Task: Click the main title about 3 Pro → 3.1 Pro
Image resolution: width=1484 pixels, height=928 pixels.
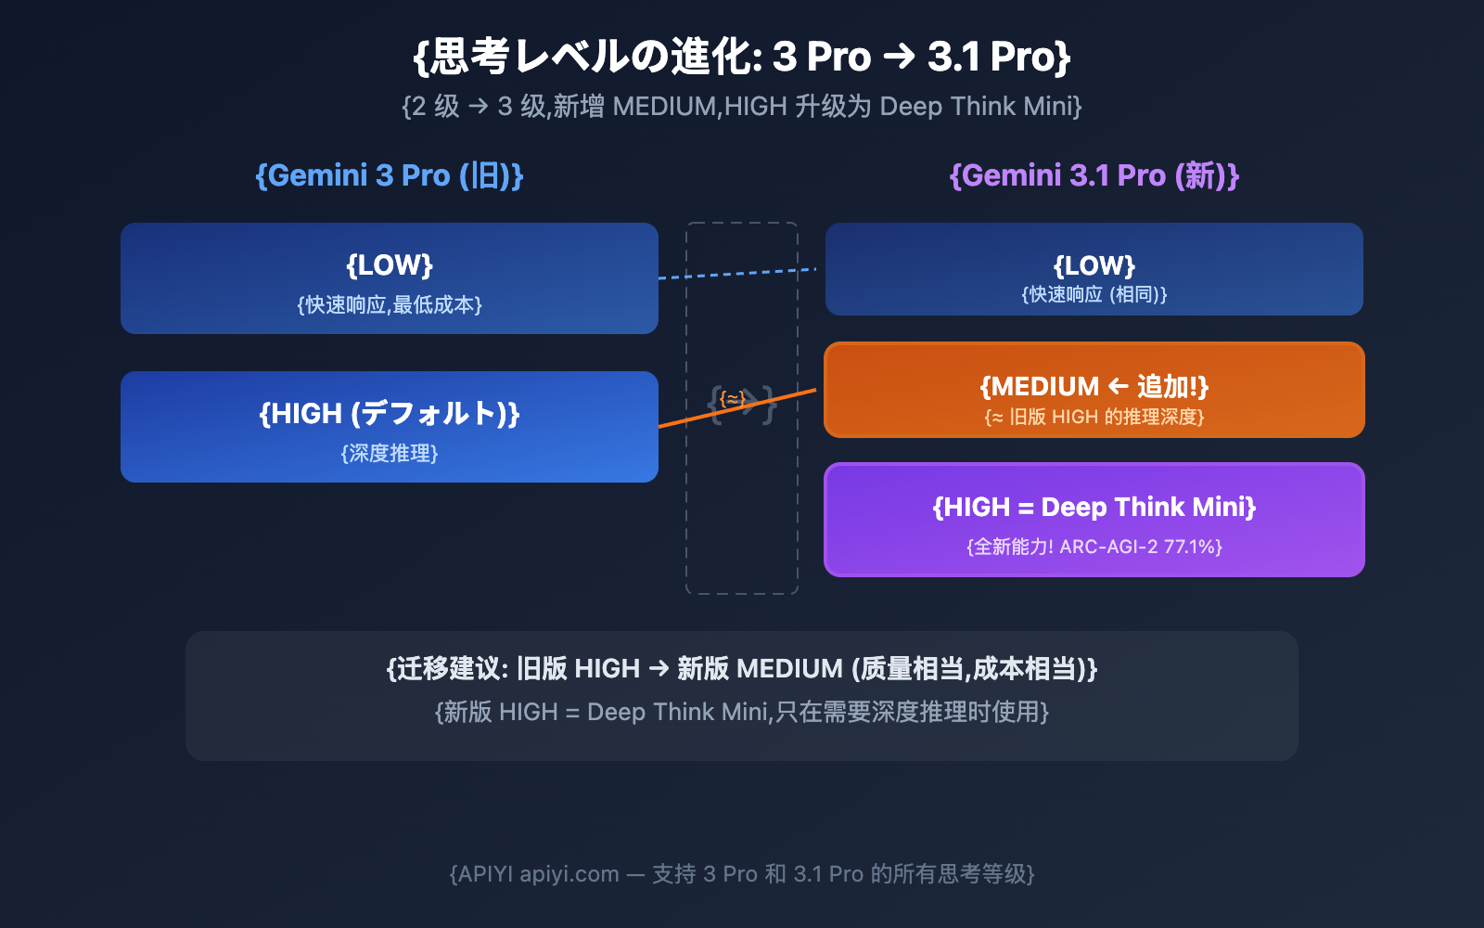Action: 742,57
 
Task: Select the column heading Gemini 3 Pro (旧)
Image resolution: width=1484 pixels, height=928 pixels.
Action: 390,175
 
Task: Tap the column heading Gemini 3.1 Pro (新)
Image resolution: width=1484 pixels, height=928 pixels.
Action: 1094,175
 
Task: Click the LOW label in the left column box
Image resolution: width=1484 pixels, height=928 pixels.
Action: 390,265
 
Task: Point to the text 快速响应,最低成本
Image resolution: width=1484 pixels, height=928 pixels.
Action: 390,305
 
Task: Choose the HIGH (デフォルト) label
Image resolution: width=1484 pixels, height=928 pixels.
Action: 390,413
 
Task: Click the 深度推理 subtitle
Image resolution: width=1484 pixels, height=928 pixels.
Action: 390,454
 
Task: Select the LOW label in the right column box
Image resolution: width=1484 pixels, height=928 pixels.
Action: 1094,266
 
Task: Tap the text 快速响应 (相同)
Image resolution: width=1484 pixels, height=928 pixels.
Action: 1094,295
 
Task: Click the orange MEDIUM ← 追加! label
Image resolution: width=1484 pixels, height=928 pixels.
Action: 1094,386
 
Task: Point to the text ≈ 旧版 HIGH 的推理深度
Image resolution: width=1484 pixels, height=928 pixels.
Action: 1094,418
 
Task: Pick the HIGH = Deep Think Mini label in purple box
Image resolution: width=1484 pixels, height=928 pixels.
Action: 1094,508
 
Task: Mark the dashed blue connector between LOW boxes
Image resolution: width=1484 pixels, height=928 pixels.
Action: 737,273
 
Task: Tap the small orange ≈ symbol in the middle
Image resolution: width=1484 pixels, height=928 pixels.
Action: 733,399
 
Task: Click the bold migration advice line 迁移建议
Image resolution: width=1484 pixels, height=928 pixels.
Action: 742,668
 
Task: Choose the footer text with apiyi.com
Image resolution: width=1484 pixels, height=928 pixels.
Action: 742,874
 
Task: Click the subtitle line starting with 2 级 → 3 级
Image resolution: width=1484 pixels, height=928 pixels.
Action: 742,107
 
